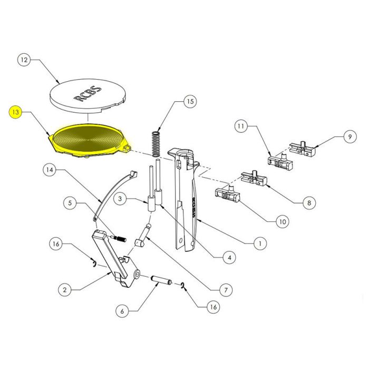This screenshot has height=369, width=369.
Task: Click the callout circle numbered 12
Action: [23, 61]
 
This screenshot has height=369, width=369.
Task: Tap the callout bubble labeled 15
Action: [190, 102]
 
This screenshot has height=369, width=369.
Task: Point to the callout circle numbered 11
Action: [241, 127]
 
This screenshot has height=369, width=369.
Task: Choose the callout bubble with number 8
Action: [309, 202]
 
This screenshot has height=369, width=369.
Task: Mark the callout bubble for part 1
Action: [259, 244]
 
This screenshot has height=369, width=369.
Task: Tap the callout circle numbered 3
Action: [120, 199]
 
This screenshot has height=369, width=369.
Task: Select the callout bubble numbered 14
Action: [49, 170]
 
